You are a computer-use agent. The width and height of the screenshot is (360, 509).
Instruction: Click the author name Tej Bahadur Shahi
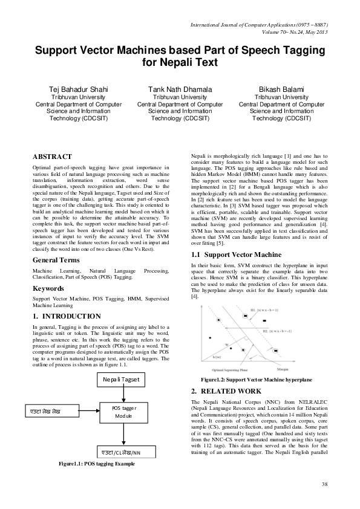click(x=78, y=89)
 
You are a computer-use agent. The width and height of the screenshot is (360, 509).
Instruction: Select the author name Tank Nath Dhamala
click(x=180, y=89)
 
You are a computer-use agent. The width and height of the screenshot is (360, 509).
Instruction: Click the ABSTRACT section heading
click(x=52, y=156)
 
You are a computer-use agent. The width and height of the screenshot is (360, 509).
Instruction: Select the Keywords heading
click(x=48, y=288)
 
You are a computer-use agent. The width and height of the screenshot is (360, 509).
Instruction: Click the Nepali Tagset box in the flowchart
click(x=121, y=379)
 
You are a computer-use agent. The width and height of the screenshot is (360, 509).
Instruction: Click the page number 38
click(x=324, y=484)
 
